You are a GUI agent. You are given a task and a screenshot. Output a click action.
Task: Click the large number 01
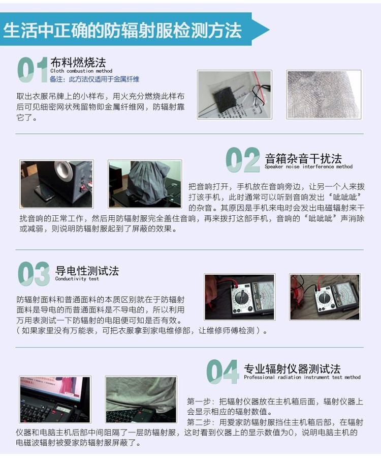point(33,70)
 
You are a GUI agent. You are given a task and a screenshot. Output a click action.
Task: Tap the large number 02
point(243,160)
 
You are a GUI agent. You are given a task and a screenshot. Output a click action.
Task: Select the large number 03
point(34,274)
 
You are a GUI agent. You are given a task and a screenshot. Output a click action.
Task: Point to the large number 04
point(223,371)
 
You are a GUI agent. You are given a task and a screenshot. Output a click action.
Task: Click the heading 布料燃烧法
point(78,62)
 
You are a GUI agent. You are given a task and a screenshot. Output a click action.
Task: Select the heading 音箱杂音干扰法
point(303,159)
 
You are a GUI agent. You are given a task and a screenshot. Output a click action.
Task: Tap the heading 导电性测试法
point(87,271)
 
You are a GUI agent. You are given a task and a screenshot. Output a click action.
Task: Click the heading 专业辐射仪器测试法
point(292,369)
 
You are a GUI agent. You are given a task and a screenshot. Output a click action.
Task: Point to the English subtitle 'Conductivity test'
point(77,279)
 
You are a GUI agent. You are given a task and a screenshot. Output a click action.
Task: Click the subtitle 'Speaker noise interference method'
point(309,166)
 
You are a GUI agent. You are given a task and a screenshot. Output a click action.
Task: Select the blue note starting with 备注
point(94,79)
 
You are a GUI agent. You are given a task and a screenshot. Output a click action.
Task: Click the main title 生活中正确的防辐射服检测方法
point(122,30)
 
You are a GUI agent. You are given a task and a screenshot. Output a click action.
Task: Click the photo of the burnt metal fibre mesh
point(324,94)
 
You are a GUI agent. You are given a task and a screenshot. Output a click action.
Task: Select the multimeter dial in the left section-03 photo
point(241,297)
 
